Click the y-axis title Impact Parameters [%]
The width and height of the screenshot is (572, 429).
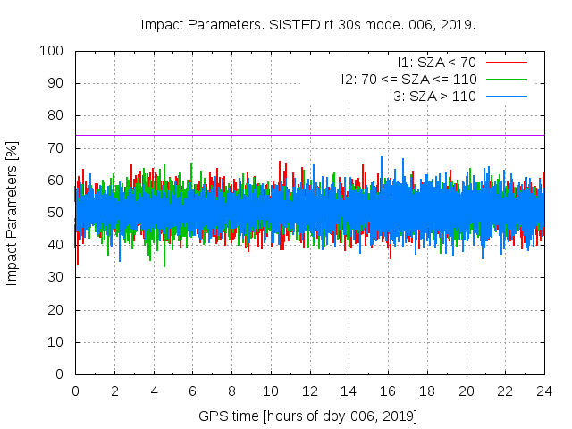coord(13,213)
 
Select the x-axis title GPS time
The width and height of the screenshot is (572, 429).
coord(308,416)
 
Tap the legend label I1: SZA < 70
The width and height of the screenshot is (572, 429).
coord(436,63)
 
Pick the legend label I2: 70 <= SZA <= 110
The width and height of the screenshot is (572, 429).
coord(408,79)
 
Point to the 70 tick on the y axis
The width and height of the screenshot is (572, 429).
coord(58,148)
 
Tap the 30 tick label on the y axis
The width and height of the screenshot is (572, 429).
coord(58,278)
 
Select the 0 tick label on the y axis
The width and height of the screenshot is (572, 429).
coord(62,374)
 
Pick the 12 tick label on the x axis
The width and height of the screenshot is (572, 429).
coord(309,391)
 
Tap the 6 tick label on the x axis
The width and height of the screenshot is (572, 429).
coord(192,391)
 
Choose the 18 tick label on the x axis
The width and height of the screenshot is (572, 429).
coord(426,391)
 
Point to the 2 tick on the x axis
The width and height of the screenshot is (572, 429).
coord(114,391)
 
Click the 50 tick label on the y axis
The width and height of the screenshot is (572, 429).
coord(58,213)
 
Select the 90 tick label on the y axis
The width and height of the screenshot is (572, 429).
coord(58,83)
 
